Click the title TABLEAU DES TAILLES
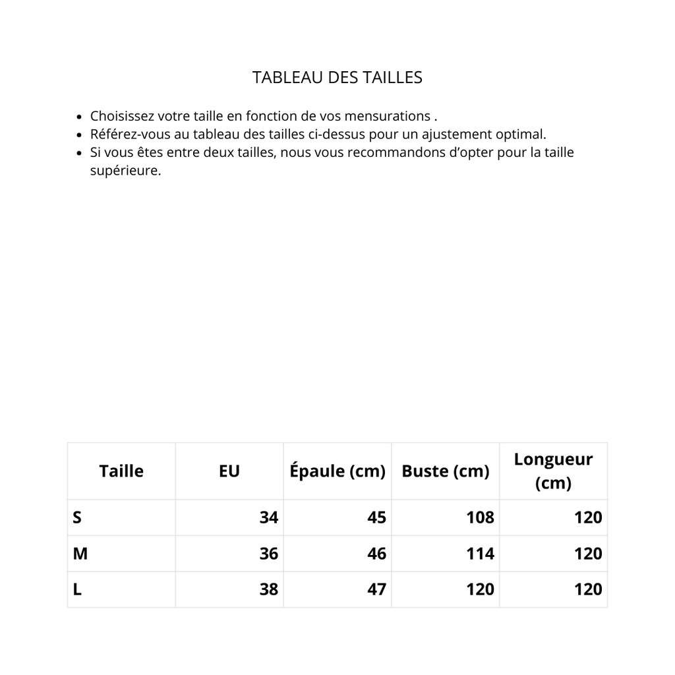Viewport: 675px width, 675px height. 337,78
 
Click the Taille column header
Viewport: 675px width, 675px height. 121,471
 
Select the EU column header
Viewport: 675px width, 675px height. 229,471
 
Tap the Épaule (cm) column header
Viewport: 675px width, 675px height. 337,471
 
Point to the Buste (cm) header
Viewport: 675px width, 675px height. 446,471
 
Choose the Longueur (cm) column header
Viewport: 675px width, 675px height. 553,471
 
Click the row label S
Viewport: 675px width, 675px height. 77,517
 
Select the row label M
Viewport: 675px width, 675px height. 80,554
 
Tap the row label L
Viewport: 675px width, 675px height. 77,589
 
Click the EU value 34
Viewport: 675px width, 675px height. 269,517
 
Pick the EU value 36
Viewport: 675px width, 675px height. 269,554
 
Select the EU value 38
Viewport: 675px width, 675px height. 269,589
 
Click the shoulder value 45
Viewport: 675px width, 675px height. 376,517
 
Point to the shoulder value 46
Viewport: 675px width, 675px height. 376,554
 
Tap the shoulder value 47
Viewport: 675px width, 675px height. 376,589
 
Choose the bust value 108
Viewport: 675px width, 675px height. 480,517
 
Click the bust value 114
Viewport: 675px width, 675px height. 480,554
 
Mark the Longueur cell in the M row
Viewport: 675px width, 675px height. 588,554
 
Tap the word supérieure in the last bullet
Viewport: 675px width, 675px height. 125,171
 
